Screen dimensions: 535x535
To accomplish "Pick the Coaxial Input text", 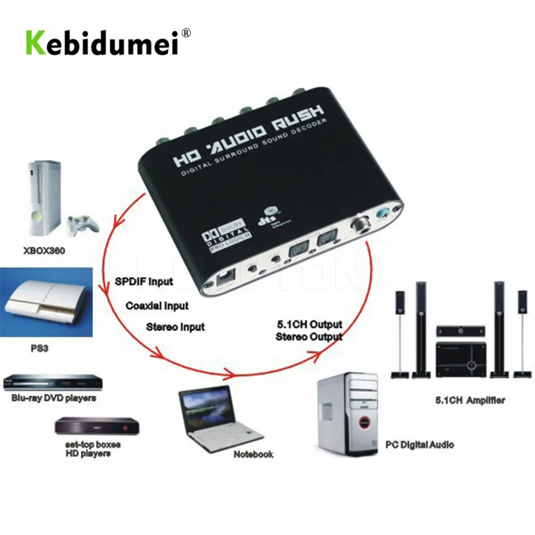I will coord(157,306).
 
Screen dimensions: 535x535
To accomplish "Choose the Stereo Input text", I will coord(175,326).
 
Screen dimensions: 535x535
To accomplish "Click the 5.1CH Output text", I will coord(309,325).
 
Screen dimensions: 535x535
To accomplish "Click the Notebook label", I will coord(253,454).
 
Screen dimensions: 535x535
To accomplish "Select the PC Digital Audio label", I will coord(419,444).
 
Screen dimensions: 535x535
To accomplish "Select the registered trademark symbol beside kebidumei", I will coord(186,33).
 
